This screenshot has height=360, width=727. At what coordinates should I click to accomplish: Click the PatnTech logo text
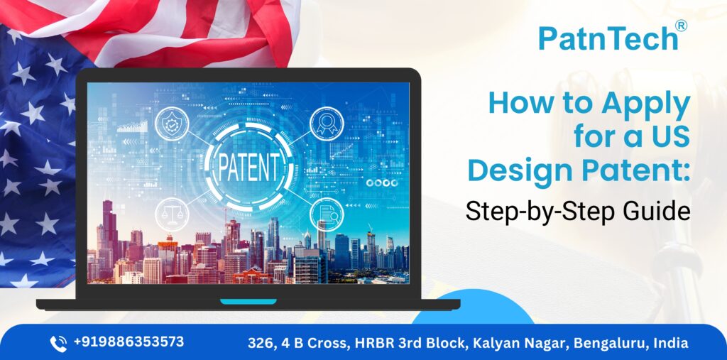tap(608, 38)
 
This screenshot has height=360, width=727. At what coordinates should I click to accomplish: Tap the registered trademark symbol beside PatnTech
tap(682, 26)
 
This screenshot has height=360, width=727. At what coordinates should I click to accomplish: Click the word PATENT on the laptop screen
tap(248, 164)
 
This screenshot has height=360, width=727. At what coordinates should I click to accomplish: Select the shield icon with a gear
tap(172, 124)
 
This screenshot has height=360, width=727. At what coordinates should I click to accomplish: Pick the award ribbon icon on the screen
tap(327, 124)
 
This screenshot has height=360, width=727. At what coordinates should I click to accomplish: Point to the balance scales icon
tap(172, 215)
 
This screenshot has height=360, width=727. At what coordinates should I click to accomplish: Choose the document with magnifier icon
tap(327, 215)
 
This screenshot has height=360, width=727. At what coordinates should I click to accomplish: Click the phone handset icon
tap(58, 343)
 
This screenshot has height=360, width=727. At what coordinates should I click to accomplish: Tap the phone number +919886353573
tap(129, 342)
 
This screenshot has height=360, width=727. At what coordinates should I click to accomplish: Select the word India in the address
tap(671, 343)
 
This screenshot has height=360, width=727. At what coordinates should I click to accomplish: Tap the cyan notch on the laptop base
tap(248, 302)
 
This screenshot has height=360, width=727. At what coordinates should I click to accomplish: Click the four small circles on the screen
tap(382, 182)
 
